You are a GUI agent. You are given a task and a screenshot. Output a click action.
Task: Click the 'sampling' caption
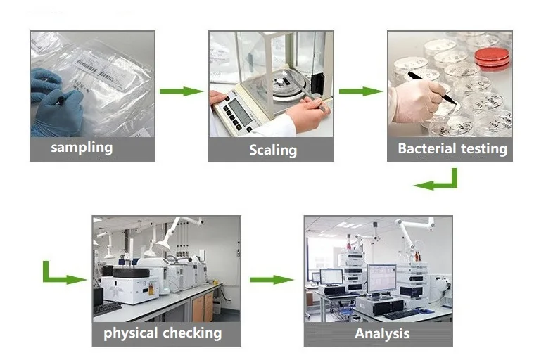pyautogui.click(x=82, y=148)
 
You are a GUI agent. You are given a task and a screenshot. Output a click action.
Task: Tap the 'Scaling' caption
pyautogui.click(x=273, y=150)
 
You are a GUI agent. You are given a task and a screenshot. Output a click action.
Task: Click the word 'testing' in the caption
pyautogui.click(x=484, y=149)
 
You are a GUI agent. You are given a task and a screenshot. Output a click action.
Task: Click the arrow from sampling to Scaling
pyautogui.click(x=181, y=91)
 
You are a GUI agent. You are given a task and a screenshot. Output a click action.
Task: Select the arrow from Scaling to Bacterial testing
pyautogui.click(x=361, y=91)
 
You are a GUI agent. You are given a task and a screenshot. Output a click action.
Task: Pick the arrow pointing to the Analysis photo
pyautogui.click(x=272, y=280)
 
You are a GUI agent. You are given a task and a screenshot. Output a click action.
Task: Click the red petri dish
pyautogui.click(x=492, y=56)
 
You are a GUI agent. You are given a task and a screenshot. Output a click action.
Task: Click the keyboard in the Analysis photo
pyautogui.click(x=401, y=314)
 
